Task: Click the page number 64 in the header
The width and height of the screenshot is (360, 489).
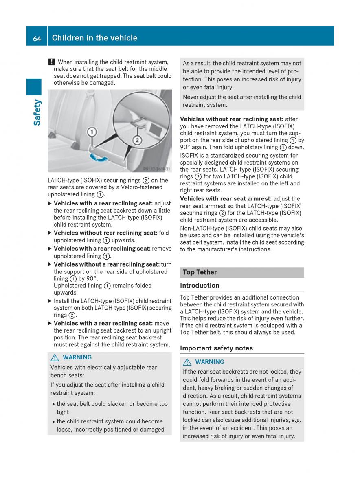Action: [37, 38]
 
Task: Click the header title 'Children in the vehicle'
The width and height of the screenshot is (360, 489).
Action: [94, 38]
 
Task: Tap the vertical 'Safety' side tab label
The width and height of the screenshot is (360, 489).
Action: [37, 112]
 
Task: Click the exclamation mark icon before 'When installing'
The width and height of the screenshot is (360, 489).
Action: [51, 62]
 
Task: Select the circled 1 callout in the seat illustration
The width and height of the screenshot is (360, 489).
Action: [92, 132]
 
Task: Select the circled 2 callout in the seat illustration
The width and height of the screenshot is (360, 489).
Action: [137, 140]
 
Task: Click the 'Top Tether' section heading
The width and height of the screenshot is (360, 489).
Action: [200, 272]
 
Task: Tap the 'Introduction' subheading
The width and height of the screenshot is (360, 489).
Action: [200, 286]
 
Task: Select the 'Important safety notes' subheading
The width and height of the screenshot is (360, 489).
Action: [216, 348]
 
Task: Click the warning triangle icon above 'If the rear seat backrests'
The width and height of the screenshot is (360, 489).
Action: [187, 362]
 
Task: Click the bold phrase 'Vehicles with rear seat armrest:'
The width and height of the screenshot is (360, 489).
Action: [226, 199]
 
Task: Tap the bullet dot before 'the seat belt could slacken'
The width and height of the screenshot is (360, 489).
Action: [53, 404]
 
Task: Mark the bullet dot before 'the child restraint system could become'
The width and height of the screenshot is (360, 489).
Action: [53, 422]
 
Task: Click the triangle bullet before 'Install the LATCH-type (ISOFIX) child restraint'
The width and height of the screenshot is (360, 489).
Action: [50, 301]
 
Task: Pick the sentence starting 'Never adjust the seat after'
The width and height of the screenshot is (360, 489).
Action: [242, 101]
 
